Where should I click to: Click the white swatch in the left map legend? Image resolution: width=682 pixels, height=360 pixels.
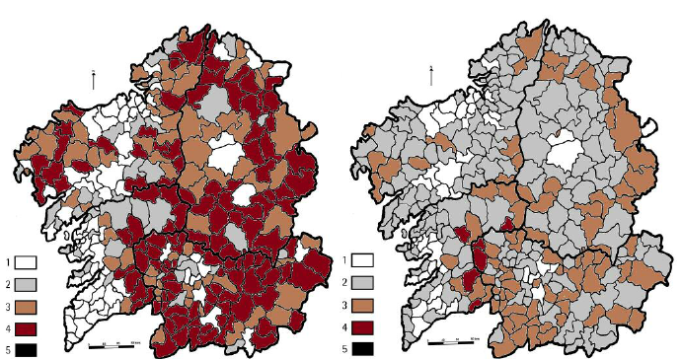point(26,262)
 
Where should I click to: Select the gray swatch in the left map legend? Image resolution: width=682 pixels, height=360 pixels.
point(26,283)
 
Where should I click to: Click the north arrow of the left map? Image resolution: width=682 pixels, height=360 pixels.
point(93,78)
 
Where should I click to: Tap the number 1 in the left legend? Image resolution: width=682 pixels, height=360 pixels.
point(7,262)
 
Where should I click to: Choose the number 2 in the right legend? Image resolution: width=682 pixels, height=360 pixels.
point(344,283)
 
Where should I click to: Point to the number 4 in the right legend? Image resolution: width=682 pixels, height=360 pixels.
point(344,326)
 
